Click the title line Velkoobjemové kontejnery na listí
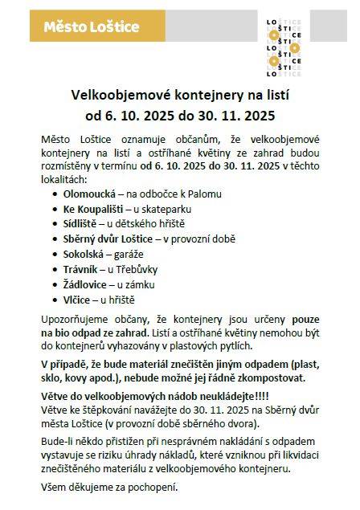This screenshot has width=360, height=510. pyautogui.click(x=181, y=94)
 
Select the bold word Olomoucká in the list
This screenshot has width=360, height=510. pyautogui.click(x=88, y=194)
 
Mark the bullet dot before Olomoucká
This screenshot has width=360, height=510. pyautogui.click(x=55, y=194)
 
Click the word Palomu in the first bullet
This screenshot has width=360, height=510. pyautogui.click(x=204, y=194)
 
